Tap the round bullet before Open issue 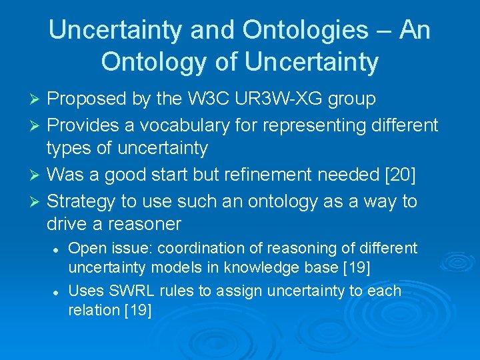[56, 249]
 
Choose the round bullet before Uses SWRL [56, 292]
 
